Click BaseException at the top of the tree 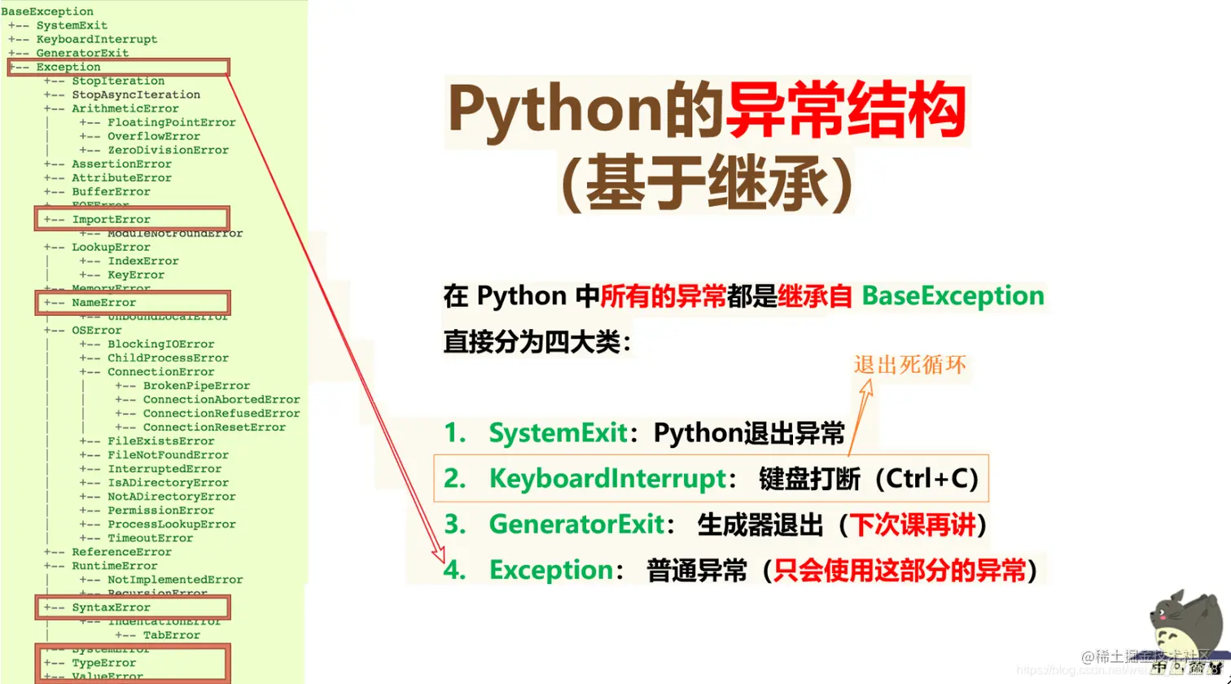(x=47, y=11)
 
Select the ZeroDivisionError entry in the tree (x=168, y=150)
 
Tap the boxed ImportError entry (x=111, y=219)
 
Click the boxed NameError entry (x=104, y=303)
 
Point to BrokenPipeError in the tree (x=196, y=386)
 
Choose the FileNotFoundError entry (x=168, y=455)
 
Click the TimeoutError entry (x=150, y=538)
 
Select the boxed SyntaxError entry (x=111, y=607)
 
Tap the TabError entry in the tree (x=171, y=635)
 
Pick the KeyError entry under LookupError (x=135, y=275)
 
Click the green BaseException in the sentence (x=952, y=296)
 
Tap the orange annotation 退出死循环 (x=910, y=365)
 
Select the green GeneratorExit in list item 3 (x=576, y=524)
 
